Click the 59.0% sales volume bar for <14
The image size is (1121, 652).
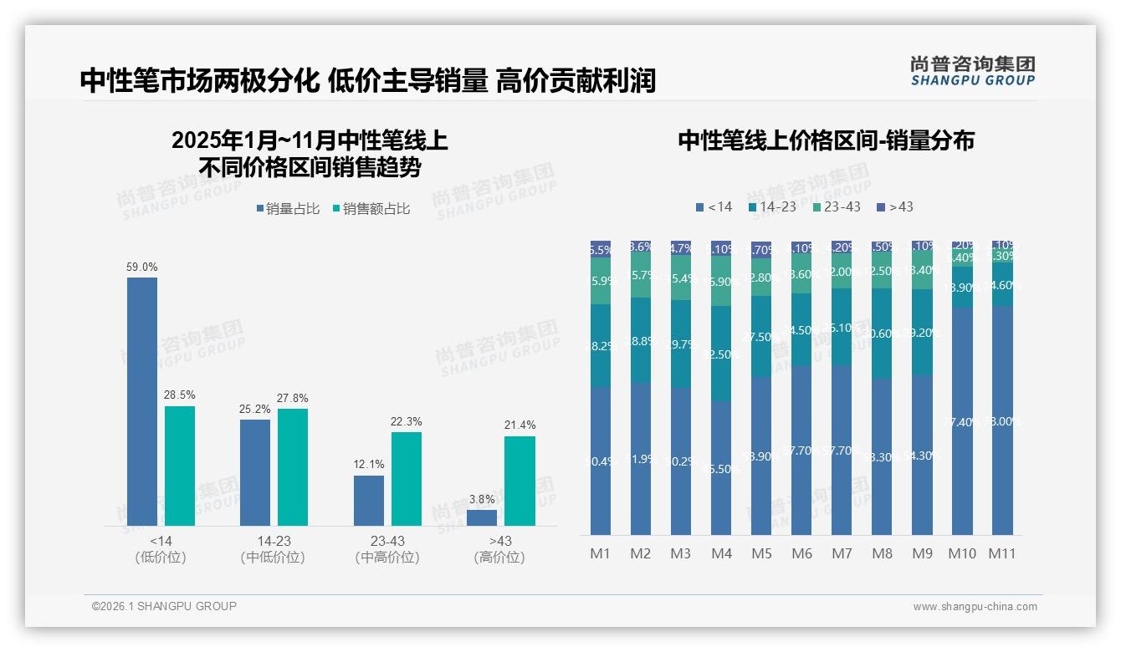coord(142,401)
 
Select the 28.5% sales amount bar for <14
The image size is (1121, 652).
coord(180,466)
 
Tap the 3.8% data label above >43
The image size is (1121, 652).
coord(482,499)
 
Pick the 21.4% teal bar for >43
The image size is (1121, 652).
coord(520,481)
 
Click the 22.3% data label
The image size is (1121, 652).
coord(406,421)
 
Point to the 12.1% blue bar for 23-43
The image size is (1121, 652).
coord(369,500)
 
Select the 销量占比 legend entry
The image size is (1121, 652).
coord(287,209)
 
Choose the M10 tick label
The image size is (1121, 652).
coord(962,553)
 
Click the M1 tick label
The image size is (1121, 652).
coord(600,553)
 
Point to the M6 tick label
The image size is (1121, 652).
coord(801,553)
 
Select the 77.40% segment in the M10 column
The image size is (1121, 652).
coord(962,420)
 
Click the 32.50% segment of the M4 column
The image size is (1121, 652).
coord(721,354)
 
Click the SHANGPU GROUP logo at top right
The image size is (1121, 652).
coord(972,71)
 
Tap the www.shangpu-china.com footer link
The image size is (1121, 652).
coord(975,607)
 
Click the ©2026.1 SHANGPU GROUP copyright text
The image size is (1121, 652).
coord(164,606)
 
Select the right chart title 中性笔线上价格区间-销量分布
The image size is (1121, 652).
coord(826,140)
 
